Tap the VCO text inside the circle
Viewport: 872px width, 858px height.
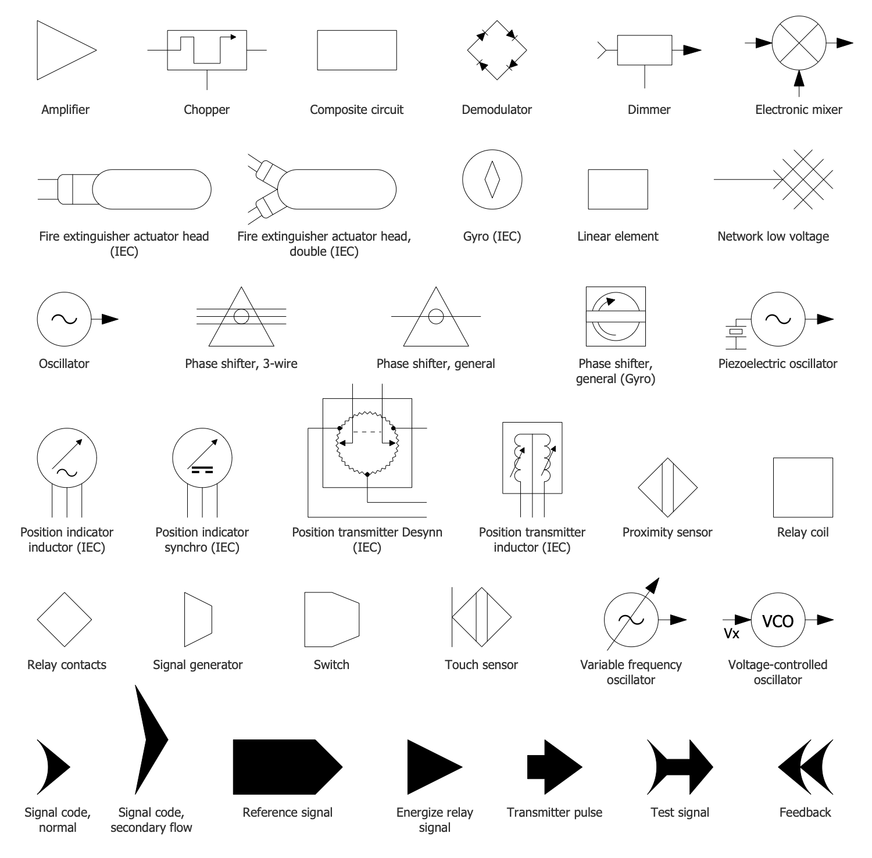click(777, 621)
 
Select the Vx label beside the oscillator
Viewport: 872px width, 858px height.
click(731, 634)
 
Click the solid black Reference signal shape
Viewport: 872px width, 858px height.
click(288, 767)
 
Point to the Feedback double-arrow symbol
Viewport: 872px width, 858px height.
click(805, 767)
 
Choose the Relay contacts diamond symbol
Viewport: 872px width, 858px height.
click(65, 620)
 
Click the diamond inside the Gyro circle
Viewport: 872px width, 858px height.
click(492, 179)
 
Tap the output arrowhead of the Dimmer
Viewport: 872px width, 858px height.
click(692, 50)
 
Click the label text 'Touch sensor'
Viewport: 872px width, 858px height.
click(481, 664)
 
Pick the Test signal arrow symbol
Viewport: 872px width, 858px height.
click(680, 767)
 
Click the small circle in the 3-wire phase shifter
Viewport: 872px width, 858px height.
click(241, 316)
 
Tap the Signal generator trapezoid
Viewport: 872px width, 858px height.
click(198, 620)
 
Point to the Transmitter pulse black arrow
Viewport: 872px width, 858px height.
click(555, 767)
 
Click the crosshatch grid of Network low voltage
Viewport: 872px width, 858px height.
click(805, 179)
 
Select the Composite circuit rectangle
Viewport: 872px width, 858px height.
click(357, 50)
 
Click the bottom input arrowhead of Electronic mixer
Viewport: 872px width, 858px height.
click(799, 78)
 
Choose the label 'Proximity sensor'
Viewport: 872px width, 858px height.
click(667, 532)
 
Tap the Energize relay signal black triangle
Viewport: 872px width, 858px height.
click(435, 767)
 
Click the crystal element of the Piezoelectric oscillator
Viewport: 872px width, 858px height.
click(737, 332)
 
